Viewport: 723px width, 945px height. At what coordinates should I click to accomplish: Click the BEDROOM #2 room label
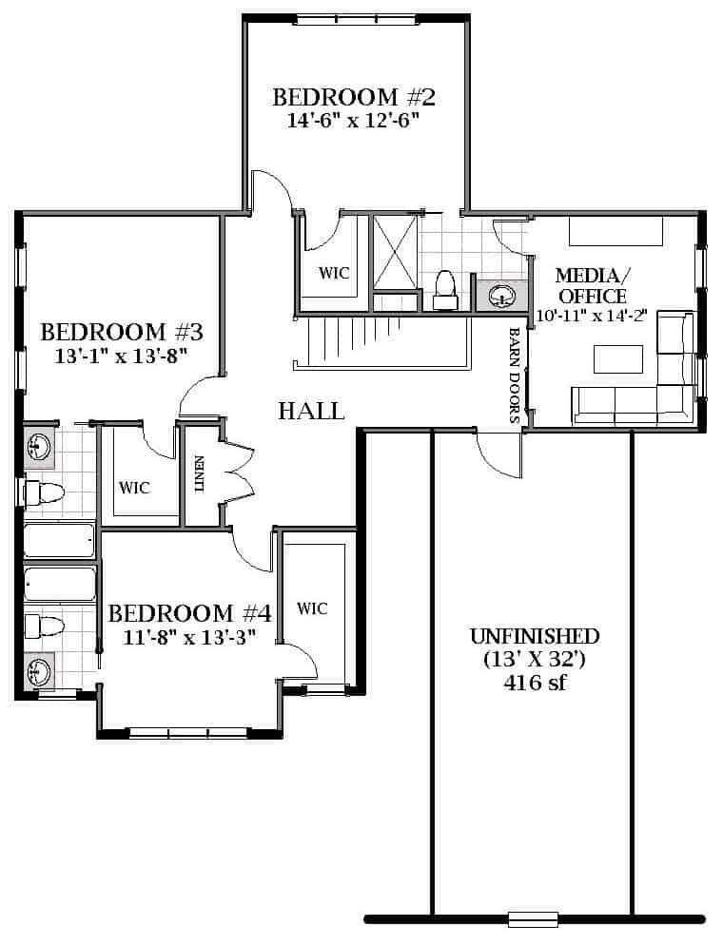(354, 97)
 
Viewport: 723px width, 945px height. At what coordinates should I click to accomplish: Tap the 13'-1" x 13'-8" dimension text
(118, 357)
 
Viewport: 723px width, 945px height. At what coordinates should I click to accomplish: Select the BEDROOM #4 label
(190, 613)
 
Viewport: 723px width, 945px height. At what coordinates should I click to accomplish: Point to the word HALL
(311, 411)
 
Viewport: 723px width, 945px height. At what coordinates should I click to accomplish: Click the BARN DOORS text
(515, 375)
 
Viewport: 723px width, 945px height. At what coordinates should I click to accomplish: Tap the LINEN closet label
(200, 474)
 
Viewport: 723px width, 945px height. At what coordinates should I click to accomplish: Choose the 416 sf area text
(535, 683)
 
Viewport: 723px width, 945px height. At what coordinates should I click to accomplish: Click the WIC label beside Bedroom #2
(334, 273)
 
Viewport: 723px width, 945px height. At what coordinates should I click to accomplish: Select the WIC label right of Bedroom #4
(312, 608)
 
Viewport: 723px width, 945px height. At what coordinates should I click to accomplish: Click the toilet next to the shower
(445, 291)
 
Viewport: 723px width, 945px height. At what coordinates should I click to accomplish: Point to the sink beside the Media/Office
(501, 296)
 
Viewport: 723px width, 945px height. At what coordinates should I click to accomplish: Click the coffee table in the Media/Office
(618, 359)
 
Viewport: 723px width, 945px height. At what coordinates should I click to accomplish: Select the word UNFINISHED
(535, 636)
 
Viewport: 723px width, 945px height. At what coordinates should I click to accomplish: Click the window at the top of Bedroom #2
(357, 19)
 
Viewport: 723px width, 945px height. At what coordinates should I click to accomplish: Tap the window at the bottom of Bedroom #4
(188, 733)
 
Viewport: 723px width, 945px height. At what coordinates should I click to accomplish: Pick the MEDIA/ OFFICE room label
(593, 286)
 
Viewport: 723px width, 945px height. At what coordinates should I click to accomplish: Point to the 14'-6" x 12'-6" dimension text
(353, 121)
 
